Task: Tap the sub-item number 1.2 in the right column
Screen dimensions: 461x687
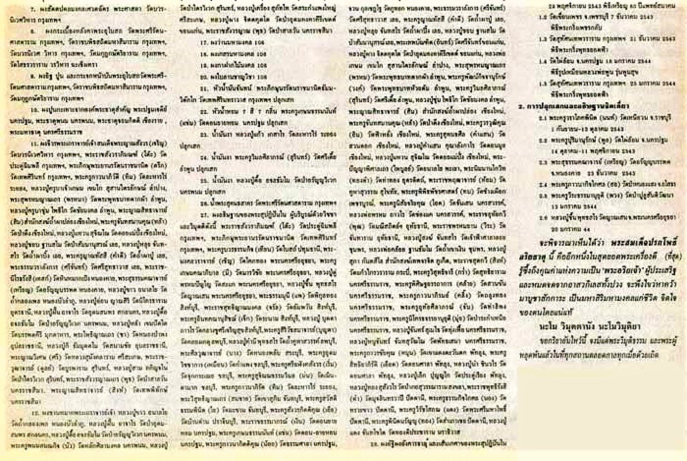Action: [x=542, y=17]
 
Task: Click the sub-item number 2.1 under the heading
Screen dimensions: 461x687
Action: [x=542, y=118]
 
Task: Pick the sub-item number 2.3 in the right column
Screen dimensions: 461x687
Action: [x=542, y=162]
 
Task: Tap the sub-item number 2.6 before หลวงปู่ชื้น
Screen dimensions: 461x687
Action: [x=542, y=216]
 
